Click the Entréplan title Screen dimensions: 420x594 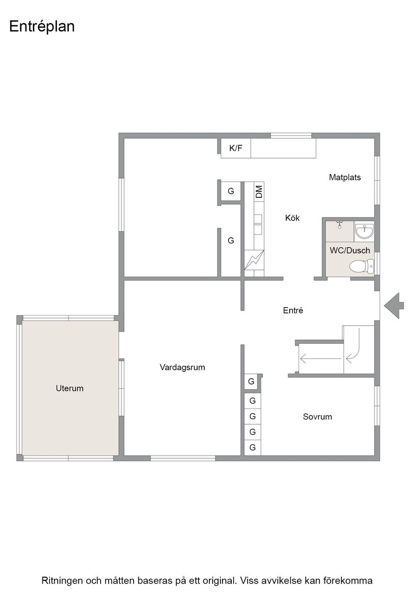(42, 27)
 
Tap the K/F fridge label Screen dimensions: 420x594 (235, 148)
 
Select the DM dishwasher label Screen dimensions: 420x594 (259, 191)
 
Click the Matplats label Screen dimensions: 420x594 (345, 177)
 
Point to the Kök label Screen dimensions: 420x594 (292, 218)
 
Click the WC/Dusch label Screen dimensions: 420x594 (350, 250)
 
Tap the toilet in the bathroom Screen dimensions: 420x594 (361, 266)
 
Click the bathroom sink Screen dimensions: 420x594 (364, 231)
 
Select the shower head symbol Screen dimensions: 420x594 (340, 224)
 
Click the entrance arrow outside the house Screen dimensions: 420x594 (394, 305)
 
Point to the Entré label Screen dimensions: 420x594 (293, 311)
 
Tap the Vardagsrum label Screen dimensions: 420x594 (182, 368)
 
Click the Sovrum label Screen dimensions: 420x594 (317, 417)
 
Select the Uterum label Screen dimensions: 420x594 (69, 388)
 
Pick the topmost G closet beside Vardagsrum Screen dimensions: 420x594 (251, 381)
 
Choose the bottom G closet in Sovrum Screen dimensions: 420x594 (252, 448)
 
